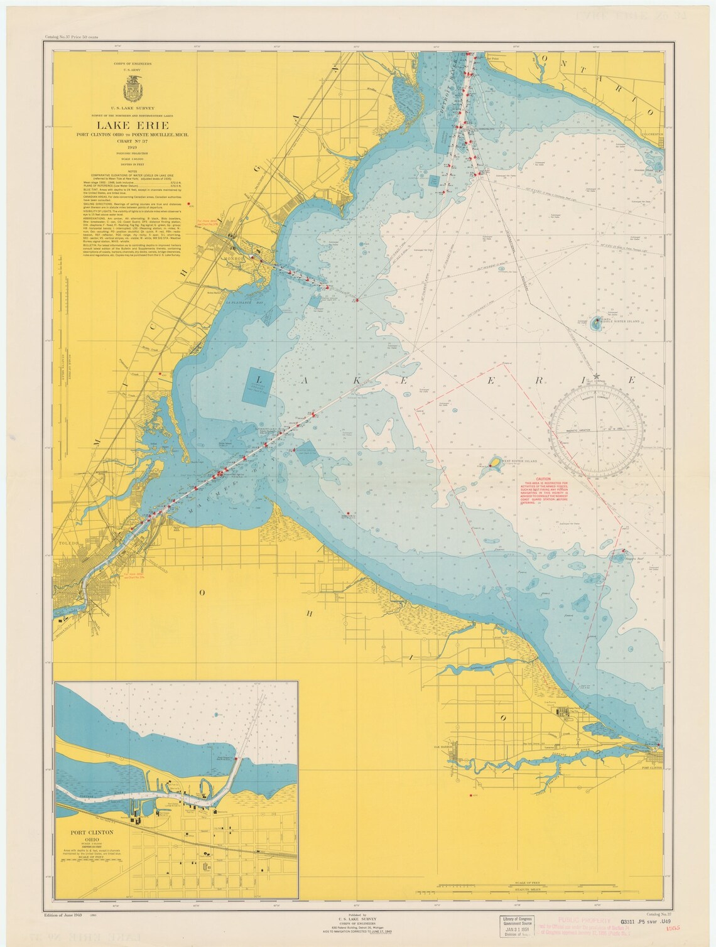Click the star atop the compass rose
(x=597, y=375)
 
